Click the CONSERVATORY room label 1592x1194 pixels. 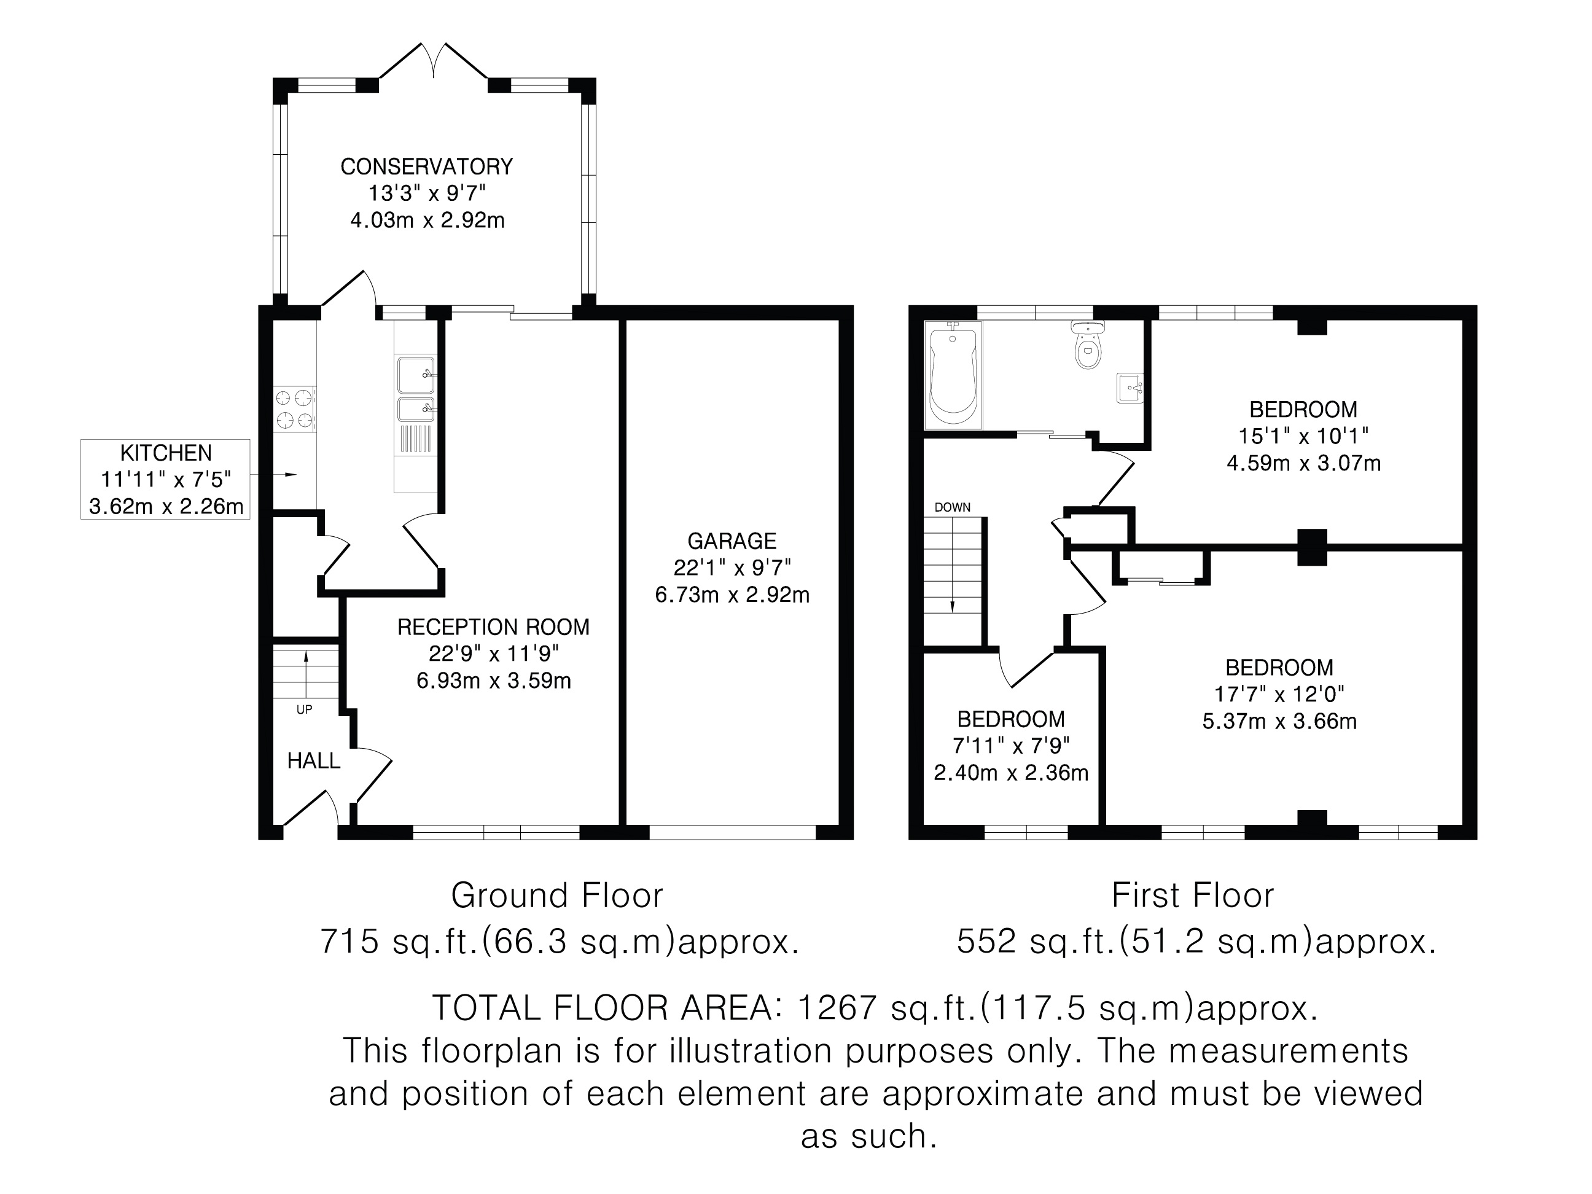click(426, 167)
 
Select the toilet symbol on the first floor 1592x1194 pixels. click(1088, 345)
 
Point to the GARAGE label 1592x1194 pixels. click(732, 540)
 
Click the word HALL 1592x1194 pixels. click(314, 761)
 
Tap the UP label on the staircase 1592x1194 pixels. click(305, 709)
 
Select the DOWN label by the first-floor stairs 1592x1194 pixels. click(952, 507)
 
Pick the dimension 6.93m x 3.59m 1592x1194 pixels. click(494, 680)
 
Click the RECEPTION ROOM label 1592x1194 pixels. click(494, 627)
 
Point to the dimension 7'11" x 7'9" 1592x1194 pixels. click(1011, 746)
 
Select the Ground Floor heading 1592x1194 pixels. click(557, 896)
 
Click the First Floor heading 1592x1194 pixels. click(1193, 896)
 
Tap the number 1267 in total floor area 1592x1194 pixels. click(838, 1008)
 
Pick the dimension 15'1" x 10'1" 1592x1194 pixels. click(1303, 436)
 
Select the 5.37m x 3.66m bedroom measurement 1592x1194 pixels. click(1279, 721)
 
